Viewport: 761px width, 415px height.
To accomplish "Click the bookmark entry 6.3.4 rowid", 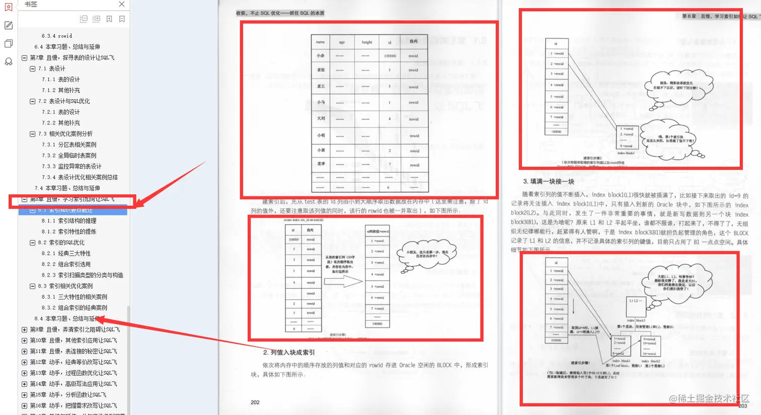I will [x=57, y=36].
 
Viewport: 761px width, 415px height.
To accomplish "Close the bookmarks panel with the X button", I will [x=122, y=5].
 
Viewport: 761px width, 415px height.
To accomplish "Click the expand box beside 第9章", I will [x=24, y=330].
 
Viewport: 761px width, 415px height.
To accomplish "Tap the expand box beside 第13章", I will [x=24, y=373].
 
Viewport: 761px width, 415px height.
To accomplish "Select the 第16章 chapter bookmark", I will [x=73, y=405].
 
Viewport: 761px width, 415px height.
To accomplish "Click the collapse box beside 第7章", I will [x=24, y=58].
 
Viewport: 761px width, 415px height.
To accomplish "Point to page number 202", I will [x=255, y=402].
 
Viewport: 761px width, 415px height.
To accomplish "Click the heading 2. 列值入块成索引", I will [x=289, y=353].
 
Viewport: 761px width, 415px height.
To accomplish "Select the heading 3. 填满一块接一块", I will [x=549, y=181].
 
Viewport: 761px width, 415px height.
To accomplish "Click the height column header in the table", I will [x=367, y=42].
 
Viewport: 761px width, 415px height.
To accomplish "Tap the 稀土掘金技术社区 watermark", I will [x=710, y=399].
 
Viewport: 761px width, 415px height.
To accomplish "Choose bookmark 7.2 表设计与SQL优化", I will [x=64, y=101].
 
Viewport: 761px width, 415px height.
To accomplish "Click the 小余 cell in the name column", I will [x=321, y=56].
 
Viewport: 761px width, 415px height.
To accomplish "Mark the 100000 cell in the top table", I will [x=390, y=56].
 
